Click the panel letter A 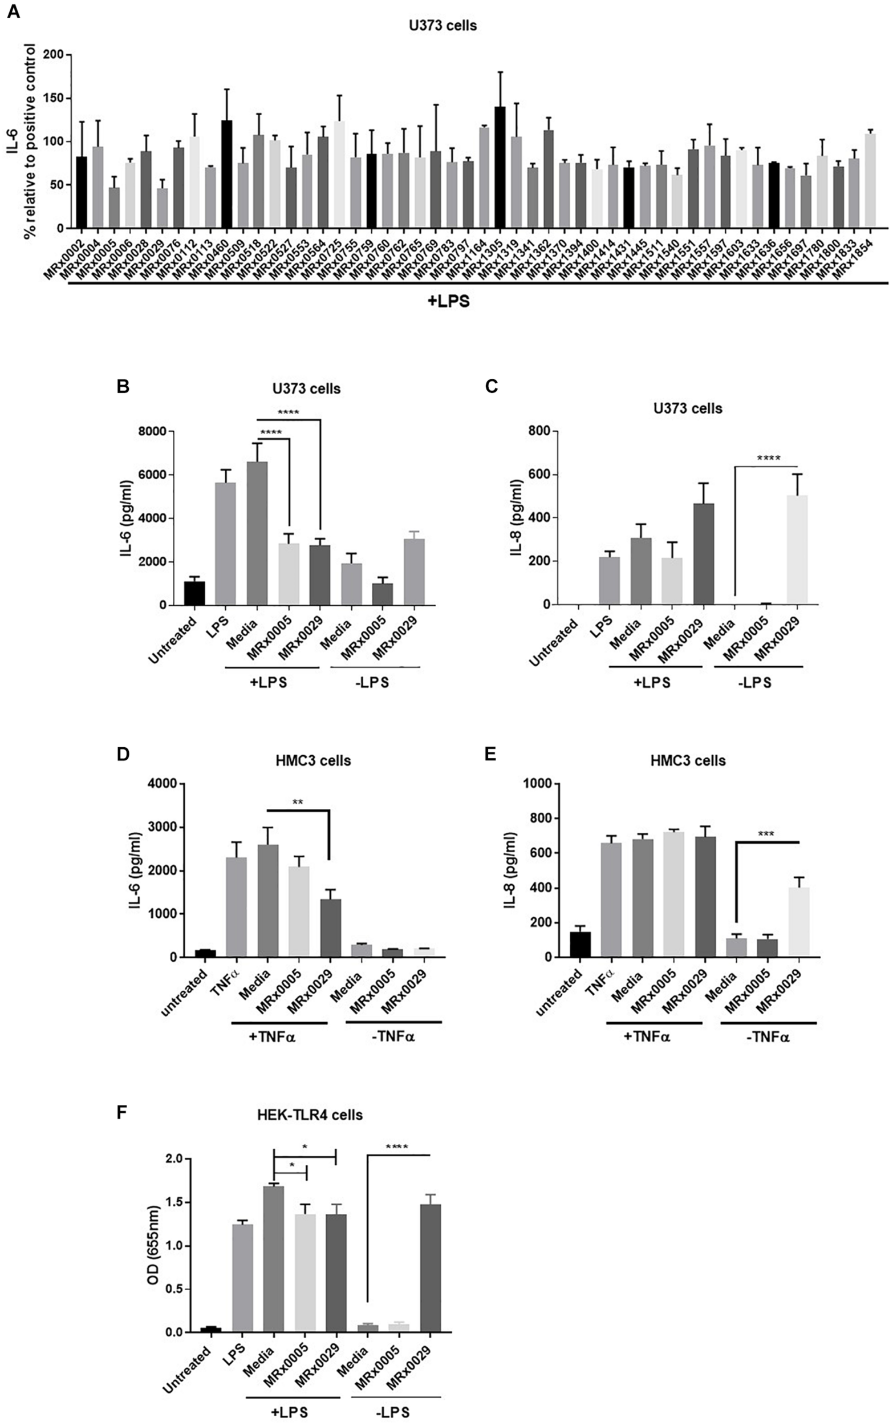tap(13, 11)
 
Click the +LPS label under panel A tap(448, 301)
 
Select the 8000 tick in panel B tap(152, 432)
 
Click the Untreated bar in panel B tap(194, 593)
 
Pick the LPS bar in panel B tap(225, 544)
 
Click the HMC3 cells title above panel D tap(314, 760)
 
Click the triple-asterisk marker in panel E tap(766, 834)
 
